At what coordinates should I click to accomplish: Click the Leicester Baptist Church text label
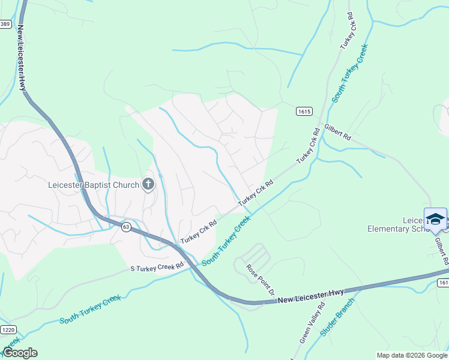(93, 185)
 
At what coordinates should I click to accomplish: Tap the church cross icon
(148, 185)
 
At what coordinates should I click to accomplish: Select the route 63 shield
(125, 227)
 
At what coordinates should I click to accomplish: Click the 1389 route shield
(5, 23)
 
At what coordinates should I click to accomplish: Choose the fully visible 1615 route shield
(304, 112)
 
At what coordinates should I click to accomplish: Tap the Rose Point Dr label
(260, 280)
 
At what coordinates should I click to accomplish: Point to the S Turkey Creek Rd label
(157, 267)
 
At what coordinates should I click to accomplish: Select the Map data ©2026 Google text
(411, 355)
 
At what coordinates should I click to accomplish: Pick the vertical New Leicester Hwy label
(22, 58)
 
